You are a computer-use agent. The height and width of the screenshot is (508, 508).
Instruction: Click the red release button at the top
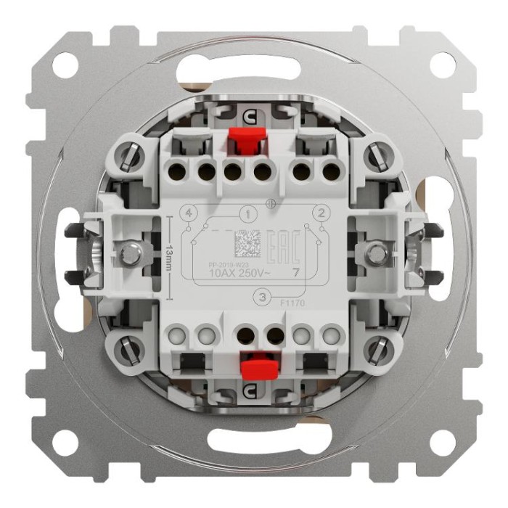pyautogui.click(x=245, y=143)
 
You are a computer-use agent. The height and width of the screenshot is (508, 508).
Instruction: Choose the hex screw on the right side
pyautogui.click(x=376, y=253)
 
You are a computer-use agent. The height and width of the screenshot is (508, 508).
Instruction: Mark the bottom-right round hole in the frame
pyautogui.click(x=442, y=441)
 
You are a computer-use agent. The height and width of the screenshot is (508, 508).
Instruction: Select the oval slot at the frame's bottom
pyautogui.click(x=254, y=443)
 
